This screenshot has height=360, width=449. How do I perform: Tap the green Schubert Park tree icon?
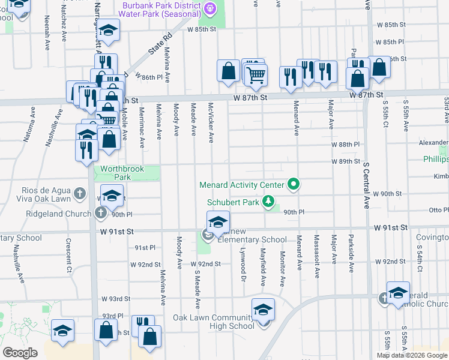coord(270,202)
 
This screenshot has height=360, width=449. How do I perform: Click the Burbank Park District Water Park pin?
coord(209,8)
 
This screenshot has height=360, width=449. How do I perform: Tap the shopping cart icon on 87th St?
coord(256,75)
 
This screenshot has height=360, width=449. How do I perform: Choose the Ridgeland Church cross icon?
coord(100,212)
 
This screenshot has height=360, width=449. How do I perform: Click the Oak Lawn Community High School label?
coord(213,322)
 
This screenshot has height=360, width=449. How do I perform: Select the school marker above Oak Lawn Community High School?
coord(263,310)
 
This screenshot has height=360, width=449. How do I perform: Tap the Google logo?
coord(20,353)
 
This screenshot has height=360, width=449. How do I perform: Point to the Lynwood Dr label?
coord(244,263)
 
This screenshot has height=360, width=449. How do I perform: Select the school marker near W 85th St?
coord(108,31)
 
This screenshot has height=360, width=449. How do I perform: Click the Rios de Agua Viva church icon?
coord(80,194)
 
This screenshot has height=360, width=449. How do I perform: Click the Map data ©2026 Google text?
coord(411,355)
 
